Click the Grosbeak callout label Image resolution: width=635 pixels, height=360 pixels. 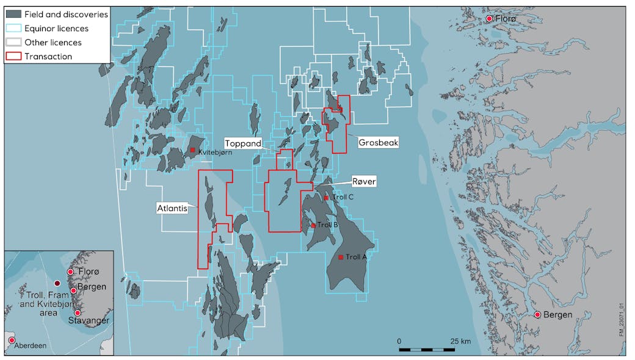379,142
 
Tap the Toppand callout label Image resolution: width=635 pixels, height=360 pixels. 243,143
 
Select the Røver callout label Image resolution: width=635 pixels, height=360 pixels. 364,181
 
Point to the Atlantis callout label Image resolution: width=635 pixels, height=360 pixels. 172,208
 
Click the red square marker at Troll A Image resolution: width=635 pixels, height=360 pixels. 341,257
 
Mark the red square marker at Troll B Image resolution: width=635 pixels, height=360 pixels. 313,225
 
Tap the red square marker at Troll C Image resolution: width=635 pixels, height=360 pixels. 326,198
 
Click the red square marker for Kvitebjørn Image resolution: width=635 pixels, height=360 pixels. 192,150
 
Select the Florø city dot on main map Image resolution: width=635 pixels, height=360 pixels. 489,19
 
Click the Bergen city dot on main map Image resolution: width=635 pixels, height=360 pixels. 537,315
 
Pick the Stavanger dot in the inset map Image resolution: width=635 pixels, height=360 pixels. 77,313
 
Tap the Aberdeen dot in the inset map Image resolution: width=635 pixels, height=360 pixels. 12,340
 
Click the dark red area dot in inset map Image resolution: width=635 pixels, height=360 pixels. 57,284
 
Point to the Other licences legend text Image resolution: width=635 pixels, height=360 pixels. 53,43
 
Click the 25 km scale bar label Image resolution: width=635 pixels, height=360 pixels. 461,340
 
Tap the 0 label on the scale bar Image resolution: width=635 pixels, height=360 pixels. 399,340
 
